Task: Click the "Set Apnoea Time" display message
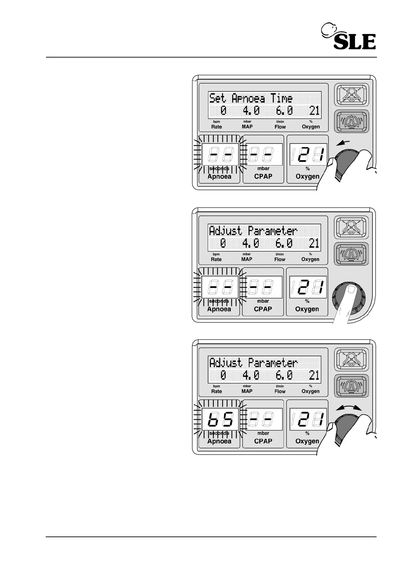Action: (x=251, y=98)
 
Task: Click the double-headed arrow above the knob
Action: (x=349, y=409)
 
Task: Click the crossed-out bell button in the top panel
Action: (x=351, y=95)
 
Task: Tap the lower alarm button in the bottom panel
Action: (x=351, y=386)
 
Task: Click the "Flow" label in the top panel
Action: (x=280, y=127)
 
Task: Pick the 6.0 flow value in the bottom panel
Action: (x=284, y=375)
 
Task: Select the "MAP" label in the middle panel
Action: (x=247, y=259)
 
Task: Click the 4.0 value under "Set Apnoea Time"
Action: (x=251, y=111)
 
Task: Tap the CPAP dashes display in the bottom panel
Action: (x=263, y=419)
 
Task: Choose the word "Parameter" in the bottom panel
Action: (x=273, y=363)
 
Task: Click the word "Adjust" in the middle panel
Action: (x=226, y=231)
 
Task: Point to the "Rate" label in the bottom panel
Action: (x=216, y=391)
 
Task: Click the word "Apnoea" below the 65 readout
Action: (x=219, y=441)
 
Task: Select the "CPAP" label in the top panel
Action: (x=263, y=176)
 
